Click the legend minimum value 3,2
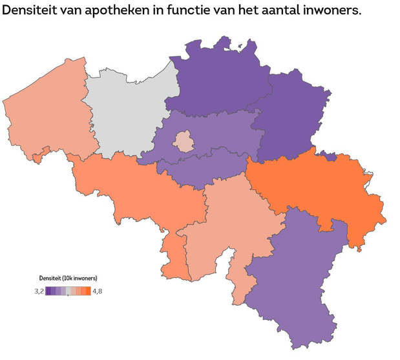(38, 291)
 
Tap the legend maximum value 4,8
(98, 291)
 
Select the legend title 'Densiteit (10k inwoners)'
(67, 278)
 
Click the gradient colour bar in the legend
(67, 291)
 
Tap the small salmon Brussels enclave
(185, 141)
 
